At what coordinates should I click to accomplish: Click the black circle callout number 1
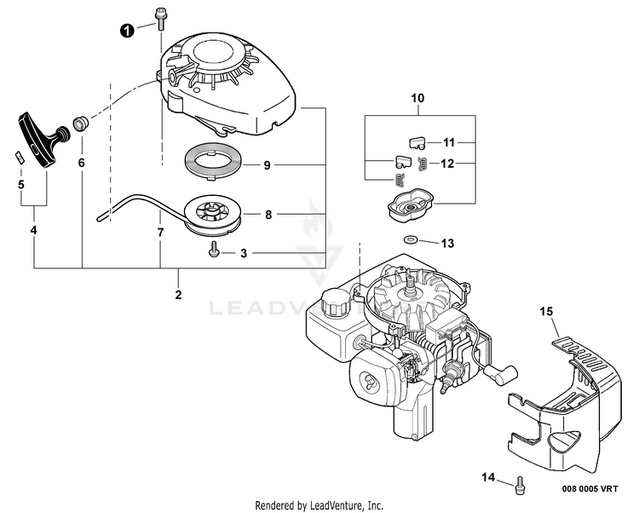[x=127, y=31]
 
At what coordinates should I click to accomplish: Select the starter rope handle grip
[x=40, y=136]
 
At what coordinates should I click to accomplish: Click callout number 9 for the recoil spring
[x=267, y=165]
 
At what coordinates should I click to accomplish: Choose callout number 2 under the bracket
[x=178, y=295]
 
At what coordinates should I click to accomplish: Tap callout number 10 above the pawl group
[x=417, y=99]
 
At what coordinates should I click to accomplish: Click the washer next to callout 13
[x=410, y=240]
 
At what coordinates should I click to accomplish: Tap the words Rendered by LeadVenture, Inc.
[x=319, y=505]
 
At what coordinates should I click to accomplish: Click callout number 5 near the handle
[x=20, y=183]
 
